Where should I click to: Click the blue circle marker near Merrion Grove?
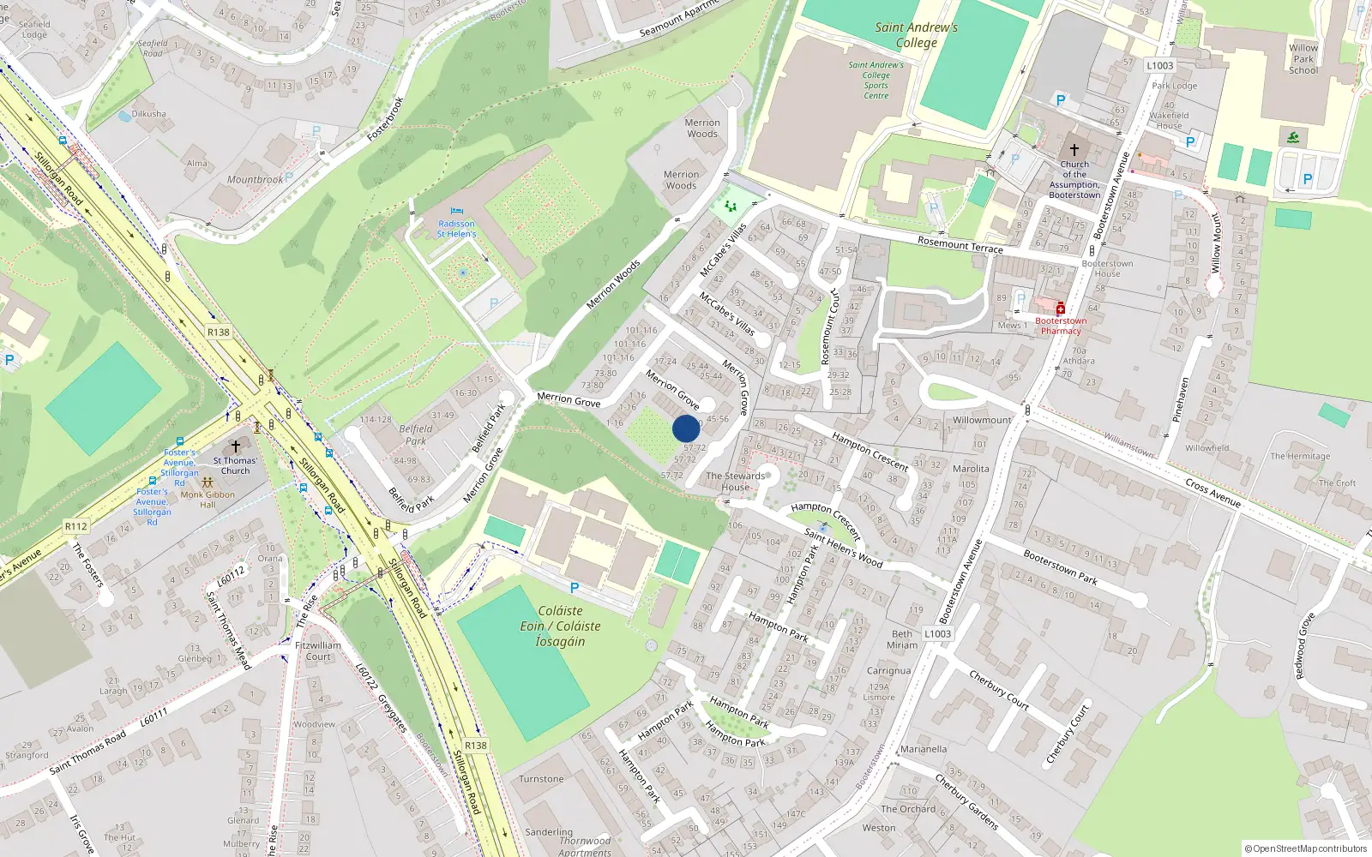[x=686, y=428]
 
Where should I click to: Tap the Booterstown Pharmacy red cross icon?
[x=1061, y=309]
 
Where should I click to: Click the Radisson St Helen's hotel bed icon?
[x=456, y=212]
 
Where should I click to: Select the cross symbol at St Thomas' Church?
[x=236, y=447]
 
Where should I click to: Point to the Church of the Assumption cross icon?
[x=1074, y=150]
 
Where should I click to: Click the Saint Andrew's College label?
[x=916, y=35]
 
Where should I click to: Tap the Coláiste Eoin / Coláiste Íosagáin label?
[x=560, y=626]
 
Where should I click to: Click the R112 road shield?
[x=75, y=526]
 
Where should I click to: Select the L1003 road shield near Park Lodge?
[x=1159, y=66]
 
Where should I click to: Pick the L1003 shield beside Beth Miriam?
[x=937, y=634]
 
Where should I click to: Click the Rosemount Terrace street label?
[x=960, y=245]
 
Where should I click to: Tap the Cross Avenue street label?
[x=1213, y=492]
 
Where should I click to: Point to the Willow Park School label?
[x=1303, y=59]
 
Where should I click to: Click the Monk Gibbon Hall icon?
[x=208, y=482]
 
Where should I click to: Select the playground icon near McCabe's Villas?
[x=731, y=206]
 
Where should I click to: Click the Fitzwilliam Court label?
[x=318, y=651]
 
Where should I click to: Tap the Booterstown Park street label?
[x=1060, y=566]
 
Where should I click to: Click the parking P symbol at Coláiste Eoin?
[x=575, y=588]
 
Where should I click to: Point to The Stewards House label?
[x=735, y=482]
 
